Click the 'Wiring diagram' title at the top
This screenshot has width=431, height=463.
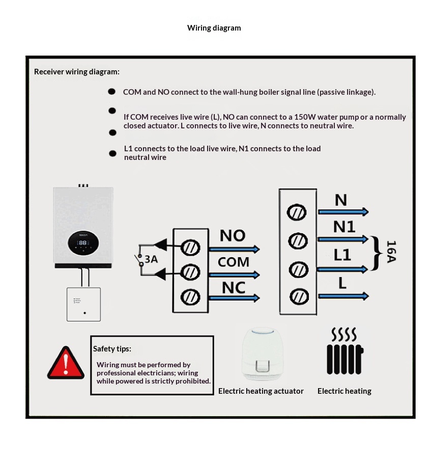214,28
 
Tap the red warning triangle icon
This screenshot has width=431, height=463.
65,363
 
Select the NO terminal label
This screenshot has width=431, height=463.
233,236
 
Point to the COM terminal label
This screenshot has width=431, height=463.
234,262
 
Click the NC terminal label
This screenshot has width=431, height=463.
234,288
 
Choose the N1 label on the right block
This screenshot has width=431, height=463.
344,227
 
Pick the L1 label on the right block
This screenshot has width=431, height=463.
342,255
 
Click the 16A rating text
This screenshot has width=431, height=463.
391,252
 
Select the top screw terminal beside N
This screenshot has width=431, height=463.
297,212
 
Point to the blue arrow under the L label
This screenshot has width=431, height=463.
343,296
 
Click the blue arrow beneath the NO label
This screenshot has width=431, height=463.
234,249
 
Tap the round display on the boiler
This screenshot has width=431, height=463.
83,242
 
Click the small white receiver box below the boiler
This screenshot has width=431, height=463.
83,304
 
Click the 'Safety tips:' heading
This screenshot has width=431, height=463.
112,349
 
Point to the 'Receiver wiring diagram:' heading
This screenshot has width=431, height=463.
77,72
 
